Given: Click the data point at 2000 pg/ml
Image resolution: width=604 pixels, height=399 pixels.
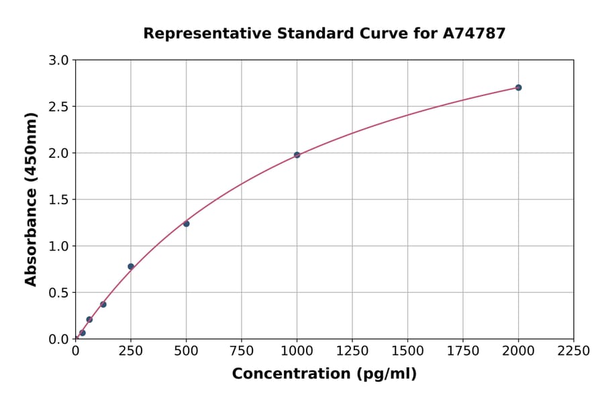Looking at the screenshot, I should (x=518, y=87).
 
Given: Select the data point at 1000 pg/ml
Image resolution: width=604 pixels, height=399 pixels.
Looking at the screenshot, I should (x=297, y=155).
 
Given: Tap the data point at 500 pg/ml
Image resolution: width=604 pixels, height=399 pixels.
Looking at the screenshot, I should (x=186, y=224).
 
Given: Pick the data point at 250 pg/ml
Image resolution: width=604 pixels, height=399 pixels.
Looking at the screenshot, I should (x=131, y=267).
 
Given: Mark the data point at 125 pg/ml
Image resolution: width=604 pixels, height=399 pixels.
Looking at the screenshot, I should (x=103, y=304).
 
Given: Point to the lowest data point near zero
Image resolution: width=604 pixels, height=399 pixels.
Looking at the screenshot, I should (x=83, y=332).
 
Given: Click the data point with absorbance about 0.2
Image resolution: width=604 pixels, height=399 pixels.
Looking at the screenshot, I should (x=89, y=320).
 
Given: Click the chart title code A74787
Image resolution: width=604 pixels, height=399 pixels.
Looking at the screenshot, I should (x=475, y=33).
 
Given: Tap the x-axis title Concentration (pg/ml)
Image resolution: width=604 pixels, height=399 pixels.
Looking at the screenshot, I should (x=324, y=374).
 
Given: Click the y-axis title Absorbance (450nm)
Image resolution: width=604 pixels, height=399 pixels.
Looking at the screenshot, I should (x=31, y=199).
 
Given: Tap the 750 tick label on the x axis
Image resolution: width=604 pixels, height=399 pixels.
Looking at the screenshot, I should (x=242, y=351).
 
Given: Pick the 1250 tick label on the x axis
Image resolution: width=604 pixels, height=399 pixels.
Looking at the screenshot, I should (x=352, y=351).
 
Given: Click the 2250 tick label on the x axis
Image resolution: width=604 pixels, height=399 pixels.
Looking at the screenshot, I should (x=574, y=351).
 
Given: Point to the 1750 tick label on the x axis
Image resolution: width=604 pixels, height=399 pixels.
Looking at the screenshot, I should (x=463, y=351).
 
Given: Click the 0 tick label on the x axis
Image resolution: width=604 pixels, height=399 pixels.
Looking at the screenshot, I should (x=75, y=351).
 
